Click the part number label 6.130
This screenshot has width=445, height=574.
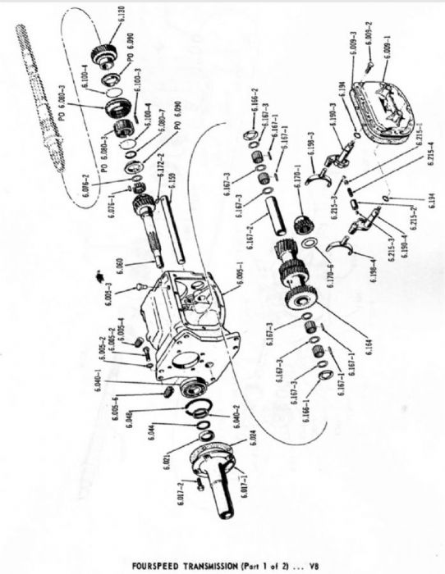(120, 14)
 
